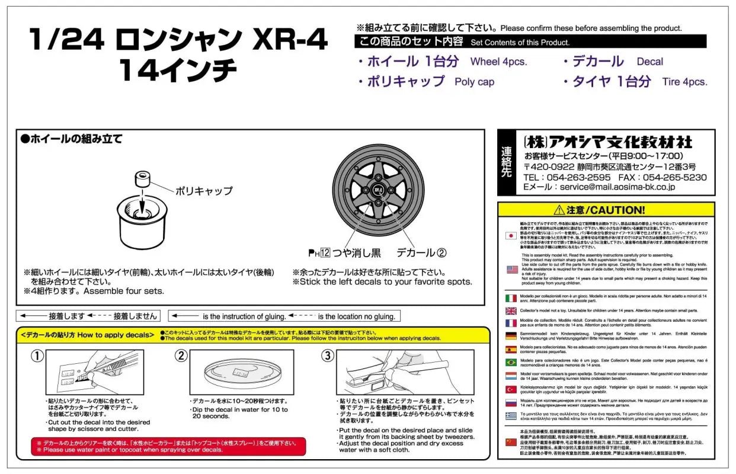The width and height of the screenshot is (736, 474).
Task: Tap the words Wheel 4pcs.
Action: (x=498, y=62)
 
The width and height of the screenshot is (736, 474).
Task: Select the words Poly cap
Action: (x=474, y=82)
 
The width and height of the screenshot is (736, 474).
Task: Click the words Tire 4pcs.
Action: (x=684, y=82)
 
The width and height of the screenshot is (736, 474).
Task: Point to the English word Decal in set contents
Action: (x=649, y=62)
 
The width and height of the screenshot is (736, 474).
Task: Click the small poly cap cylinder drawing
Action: (x=142, y=179)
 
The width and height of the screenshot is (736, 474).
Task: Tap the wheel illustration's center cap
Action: (x=378, y=189)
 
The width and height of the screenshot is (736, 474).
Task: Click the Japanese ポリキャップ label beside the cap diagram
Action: (x=203, y=191)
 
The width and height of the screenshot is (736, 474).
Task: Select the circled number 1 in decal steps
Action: (x=37, y=356)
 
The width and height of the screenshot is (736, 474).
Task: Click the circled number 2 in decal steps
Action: (x=181, y=356)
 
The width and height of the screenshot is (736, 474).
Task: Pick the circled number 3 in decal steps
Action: (x=328, y=356)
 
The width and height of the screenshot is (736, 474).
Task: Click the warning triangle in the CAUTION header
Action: (x=558, y=210)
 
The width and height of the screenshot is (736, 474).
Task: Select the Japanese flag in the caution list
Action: (x=511, y=235)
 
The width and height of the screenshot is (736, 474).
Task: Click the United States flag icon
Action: (x=511, y=269)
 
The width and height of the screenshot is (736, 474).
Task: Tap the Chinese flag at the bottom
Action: (x=511, y=442)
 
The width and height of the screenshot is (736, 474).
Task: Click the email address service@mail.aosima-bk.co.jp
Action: (x=617, y=187)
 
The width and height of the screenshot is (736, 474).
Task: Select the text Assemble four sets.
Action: (x=124, y=292)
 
